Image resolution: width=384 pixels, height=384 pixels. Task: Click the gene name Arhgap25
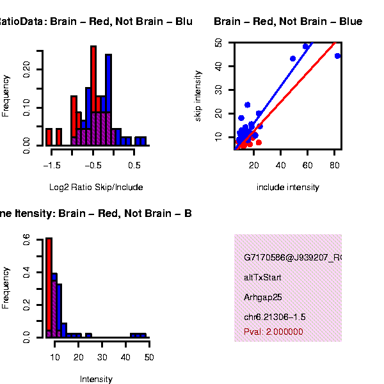(263, 298)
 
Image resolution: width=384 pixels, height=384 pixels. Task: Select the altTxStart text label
(262, 278)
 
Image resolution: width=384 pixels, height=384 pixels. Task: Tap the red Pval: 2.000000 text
(273, 332)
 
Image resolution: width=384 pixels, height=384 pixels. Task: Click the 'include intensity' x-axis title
(287, 188)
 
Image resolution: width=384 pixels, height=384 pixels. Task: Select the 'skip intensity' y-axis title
(199, 96)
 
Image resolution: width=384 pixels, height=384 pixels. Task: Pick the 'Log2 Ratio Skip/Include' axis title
(96, 188)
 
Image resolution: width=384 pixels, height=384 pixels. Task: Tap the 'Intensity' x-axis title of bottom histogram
(96, 380)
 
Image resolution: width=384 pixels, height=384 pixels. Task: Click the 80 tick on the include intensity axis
(334, 164)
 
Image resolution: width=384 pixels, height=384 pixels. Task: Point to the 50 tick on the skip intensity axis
(219, 42)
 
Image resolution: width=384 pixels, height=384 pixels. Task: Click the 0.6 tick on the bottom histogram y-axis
(27, 238)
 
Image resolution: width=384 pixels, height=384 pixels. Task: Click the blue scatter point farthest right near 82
(337, 56)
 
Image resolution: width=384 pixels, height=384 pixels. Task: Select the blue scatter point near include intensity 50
(292, 59)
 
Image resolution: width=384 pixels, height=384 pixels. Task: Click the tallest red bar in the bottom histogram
(49, 287)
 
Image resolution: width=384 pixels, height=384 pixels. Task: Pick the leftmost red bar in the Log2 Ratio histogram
(49, 137)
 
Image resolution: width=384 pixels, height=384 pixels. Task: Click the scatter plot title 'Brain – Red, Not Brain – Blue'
(288, 22)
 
